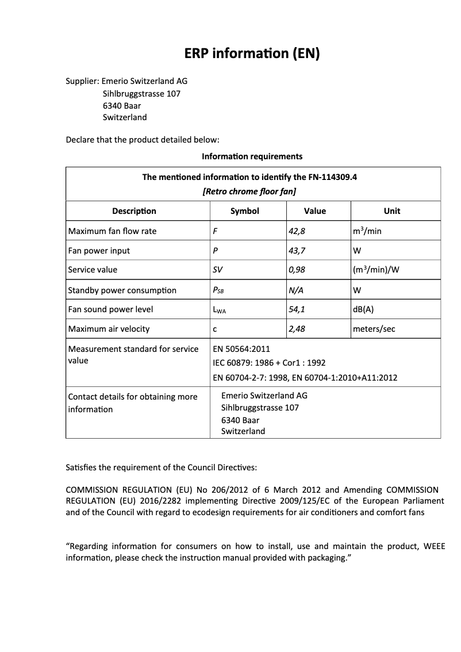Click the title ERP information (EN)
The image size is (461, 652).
pos(251,54)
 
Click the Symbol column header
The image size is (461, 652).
pos(245,211)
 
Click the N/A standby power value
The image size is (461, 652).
pos(296,290)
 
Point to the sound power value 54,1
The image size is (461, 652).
pos(297,309)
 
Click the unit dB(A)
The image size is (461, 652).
pos(363,309)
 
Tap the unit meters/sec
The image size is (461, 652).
pos(374,329)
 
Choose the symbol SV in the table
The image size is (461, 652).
pos(218,270)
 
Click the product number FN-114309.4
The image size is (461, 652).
pos(332,177)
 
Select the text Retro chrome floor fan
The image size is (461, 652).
pos(249,191)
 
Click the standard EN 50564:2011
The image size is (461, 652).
pos(241,349)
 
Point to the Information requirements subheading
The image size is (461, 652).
pos(252,156)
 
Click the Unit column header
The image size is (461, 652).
pos(392,211)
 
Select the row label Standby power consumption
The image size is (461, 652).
pos(122,290)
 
